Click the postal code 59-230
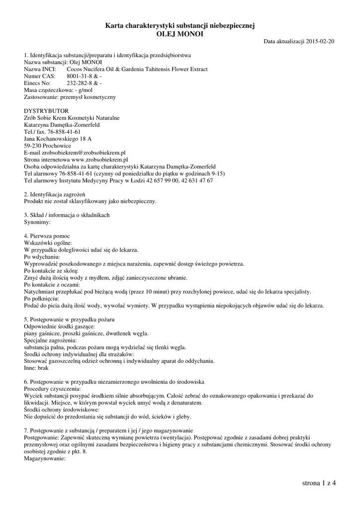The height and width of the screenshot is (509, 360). click(x=33, y=146)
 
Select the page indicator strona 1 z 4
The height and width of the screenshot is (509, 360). click(x=319, y=483)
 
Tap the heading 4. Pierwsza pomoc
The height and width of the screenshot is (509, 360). click(x=47, y=236)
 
